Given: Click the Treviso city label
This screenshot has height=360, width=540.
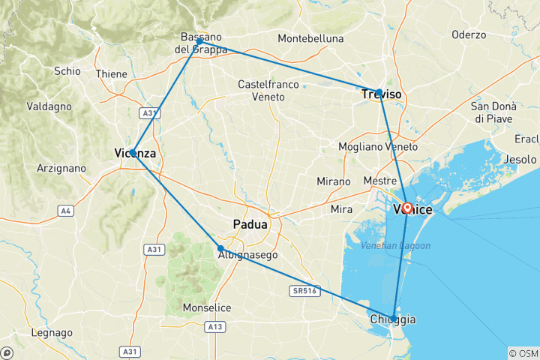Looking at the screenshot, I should click(382, 94).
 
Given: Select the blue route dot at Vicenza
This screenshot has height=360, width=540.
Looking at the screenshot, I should click(132, 152).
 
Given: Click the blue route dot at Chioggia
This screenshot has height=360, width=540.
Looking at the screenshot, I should click(394, 316).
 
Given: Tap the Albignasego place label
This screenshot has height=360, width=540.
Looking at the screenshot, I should click(247, 255).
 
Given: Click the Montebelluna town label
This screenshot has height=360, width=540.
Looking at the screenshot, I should click(310, 38).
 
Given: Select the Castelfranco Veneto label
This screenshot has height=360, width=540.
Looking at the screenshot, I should click(261, 91).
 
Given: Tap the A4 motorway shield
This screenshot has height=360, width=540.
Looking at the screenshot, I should click(67, 211).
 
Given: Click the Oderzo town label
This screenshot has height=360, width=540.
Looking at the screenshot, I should click(469, 34).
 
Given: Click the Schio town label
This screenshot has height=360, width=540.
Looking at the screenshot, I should click(68, 70).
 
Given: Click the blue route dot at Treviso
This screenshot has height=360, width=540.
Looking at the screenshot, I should click(379, 93).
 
